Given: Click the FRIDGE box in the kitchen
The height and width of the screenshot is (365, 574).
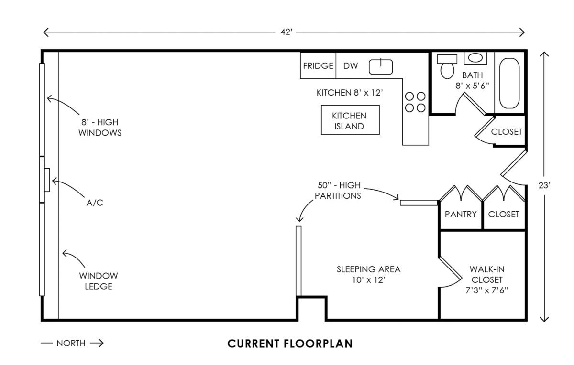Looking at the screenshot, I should (x=318, y=66).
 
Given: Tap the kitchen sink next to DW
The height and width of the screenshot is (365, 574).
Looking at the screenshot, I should (x=381, y=66).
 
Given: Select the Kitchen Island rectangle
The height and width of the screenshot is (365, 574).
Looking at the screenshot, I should (x=349, y=120).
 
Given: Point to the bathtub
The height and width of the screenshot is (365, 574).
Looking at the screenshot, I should (x=509, y=84).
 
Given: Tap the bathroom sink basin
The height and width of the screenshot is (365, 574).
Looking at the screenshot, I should (x=475, y=58).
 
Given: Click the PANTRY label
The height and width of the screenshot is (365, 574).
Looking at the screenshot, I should (x=461, y=214).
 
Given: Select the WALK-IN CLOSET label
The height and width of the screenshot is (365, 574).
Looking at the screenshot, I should (x=486, y=279).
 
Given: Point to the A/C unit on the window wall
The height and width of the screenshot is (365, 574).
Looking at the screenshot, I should (x=47, y=180).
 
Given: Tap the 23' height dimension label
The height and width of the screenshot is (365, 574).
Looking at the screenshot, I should (x=543, y=186).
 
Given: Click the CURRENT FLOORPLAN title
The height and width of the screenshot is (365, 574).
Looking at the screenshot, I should (x=290, y=344).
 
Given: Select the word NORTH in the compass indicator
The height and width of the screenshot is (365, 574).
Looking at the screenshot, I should (x=71, y=343).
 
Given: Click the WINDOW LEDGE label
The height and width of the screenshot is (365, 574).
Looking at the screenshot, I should (x=99, y=281).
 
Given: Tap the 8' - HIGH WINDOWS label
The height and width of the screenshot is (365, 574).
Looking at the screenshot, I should (x=100, y=128).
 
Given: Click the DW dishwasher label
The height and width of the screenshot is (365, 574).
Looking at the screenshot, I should (x=351, y=66).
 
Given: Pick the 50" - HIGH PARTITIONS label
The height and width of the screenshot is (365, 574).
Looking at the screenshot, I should (x=338, y=190).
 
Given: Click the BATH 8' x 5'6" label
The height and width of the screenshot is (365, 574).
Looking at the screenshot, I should (x=472, y=80).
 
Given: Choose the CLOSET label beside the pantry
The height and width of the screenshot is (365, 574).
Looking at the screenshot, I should (x=504, y=214).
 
